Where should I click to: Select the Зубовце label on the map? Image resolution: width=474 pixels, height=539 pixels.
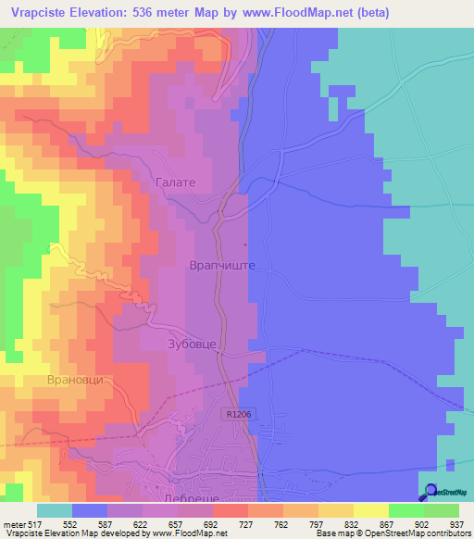pos(193,344)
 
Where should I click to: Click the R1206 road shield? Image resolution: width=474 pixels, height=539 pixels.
pos(237,417)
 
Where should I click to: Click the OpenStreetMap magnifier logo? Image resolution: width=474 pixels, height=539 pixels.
pos(430,492)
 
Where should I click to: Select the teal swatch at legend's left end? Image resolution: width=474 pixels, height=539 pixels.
pos(55,510)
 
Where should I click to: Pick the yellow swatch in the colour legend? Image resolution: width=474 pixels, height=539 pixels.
pos(371,510)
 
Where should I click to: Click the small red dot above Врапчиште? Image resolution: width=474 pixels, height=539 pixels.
pos(245,245)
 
